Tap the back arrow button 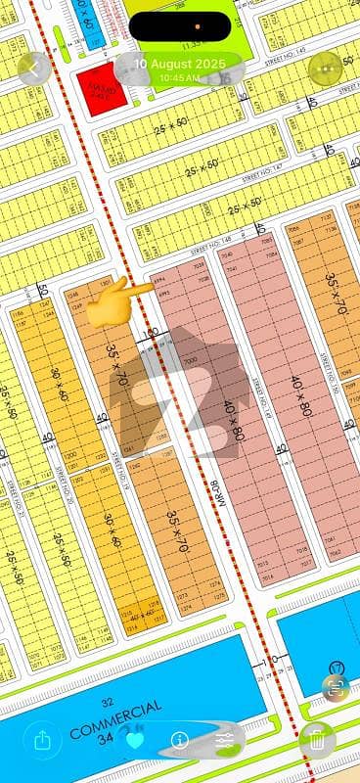(34, 69)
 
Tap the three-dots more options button (325, 69)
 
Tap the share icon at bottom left (42, 741)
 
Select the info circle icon (180, 741)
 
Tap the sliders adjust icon (225, 741)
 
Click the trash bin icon (317, 741)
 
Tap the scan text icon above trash (337, 687)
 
